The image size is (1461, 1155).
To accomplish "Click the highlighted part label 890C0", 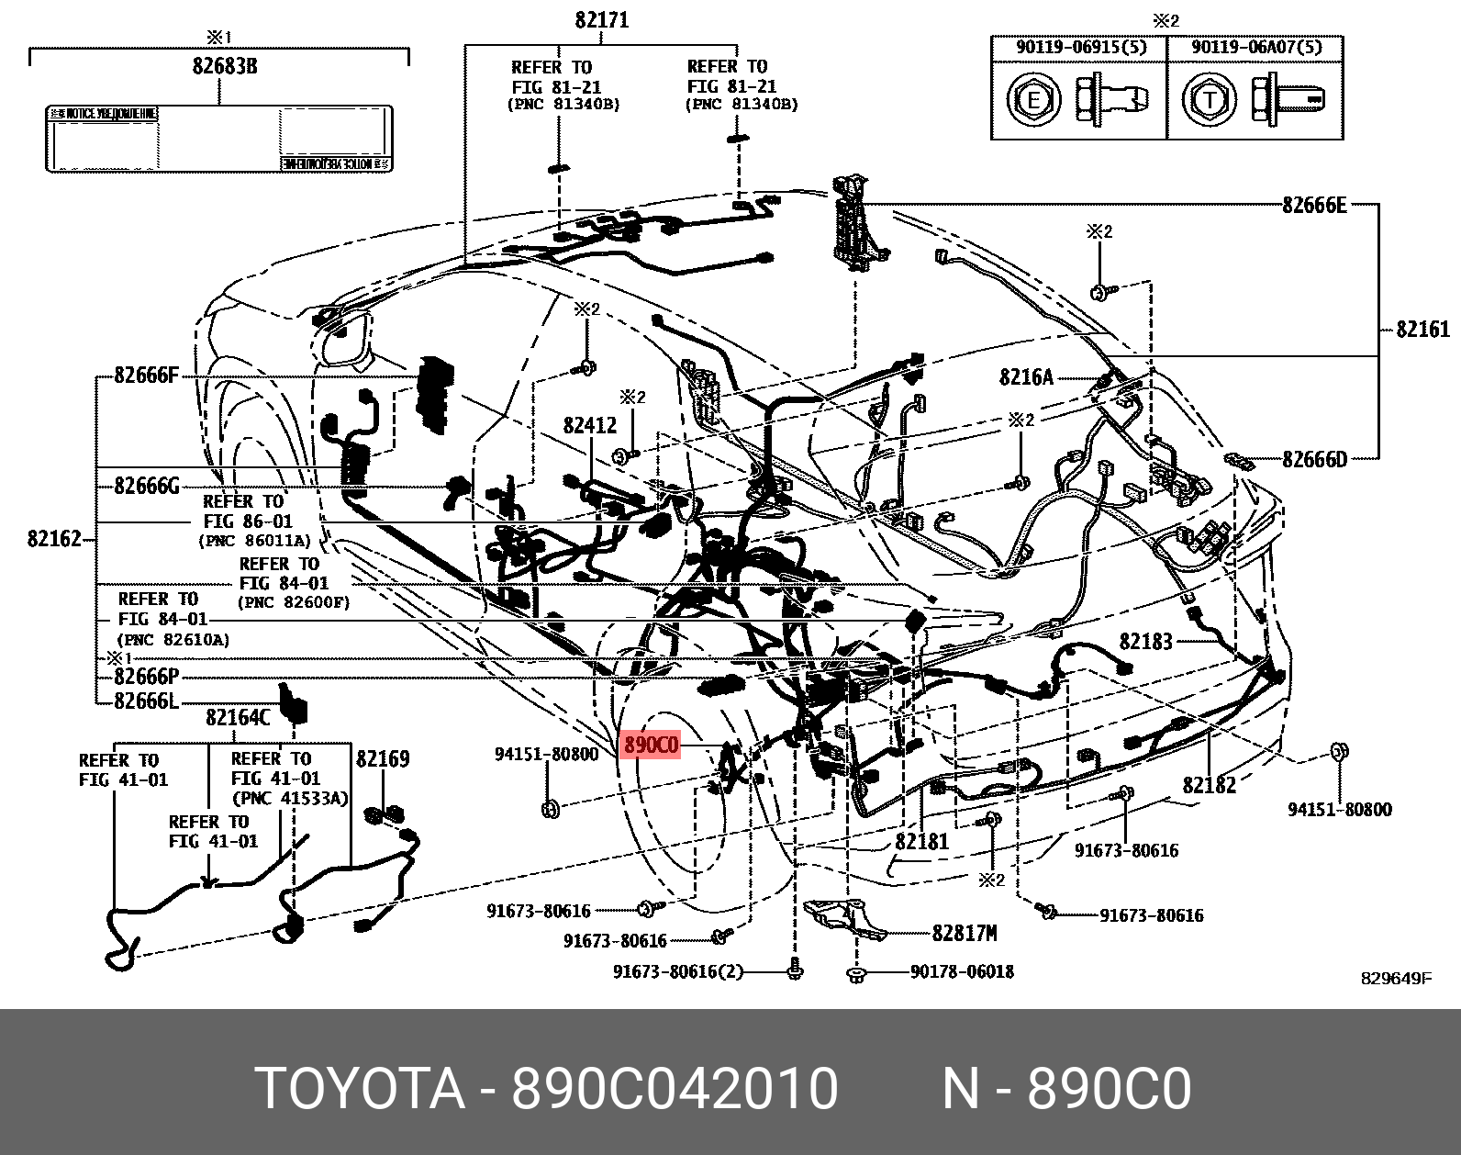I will click(651, 745).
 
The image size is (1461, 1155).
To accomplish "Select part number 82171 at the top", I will click(602, 19).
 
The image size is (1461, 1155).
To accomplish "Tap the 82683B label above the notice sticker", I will click(224, 66).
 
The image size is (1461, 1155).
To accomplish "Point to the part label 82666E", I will click(1314, 205).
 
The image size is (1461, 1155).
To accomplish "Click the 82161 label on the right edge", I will click(1422, 329).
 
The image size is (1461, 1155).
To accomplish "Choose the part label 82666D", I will click(1314, 459).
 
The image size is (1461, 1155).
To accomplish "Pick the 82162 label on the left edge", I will click(54, 539).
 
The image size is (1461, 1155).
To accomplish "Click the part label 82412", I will click(590, 425).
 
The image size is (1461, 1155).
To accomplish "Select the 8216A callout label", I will click(1027, 376).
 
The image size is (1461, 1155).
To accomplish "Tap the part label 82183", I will click(1145, 642).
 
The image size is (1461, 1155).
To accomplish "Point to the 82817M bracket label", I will click(964, 933).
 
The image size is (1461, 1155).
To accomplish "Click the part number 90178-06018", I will click(962, 971).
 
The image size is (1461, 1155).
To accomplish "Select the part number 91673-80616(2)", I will click(678, 971).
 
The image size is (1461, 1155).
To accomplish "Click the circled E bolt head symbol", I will click(1033, 99).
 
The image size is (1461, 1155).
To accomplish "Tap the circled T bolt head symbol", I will click(1209, 99).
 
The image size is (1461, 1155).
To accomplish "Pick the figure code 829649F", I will click(1396, 978).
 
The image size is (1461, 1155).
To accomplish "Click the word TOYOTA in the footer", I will click(360, 1089).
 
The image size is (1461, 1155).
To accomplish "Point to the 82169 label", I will click(383, 758).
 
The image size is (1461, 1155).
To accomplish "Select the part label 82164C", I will click(238, 717).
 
